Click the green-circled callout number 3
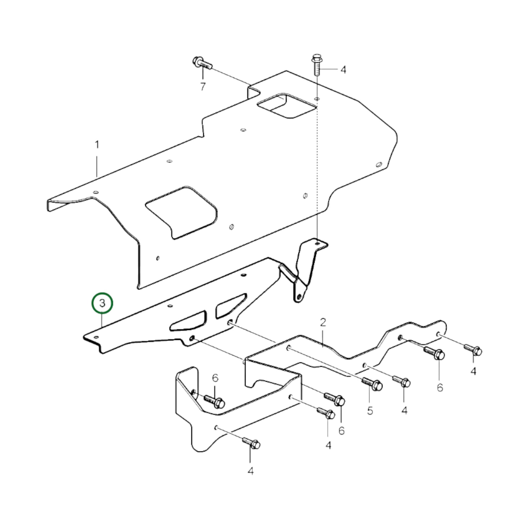coord(102,303)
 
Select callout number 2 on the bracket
coord(323,323)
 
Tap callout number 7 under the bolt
coord(203,87)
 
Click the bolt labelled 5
coord(372,384)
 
